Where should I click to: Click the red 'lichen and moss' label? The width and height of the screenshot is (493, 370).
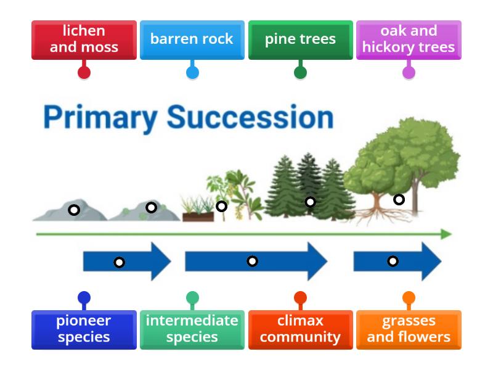[x=84, y=39]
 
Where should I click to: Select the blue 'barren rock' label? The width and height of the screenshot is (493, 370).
[x=192, y=39]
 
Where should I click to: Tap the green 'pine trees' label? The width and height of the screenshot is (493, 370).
[x=300, y=39]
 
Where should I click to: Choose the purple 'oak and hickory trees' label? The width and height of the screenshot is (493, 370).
[x=409, y=39]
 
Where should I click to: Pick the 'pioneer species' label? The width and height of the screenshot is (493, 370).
[x=84, y=329]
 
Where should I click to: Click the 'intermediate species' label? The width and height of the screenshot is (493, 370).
[x=192, y=329]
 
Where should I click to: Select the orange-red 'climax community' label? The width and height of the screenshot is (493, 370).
[x=300, y=329]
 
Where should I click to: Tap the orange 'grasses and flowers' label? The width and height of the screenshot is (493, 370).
[x=409, y=329]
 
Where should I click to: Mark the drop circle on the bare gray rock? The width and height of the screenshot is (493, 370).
[x=74, y=210]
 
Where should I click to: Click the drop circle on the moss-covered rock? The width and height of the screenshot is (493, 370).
[x=151, y=208]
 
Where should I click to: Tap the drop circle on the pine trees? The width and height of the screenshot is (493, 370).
[x=311, y=202]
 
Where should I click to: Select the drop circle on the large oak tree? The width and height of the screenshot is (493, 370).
[x=399, y=199]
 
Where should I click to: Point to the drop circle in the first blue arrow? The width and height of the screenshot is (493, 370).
[x=119, y=263]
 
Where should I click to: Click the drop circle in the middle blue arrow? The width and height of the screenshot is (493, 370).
[x=252, y=261]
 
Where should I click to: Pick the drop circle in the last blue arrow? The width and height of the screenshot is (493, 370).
[x=393, y=261]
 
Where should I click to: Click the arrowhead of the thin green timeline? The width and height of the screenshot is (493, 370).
[x=447, y=234]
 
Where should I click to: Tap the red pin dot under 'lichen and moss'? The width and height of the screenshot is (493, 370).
[x=84, y=73]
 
